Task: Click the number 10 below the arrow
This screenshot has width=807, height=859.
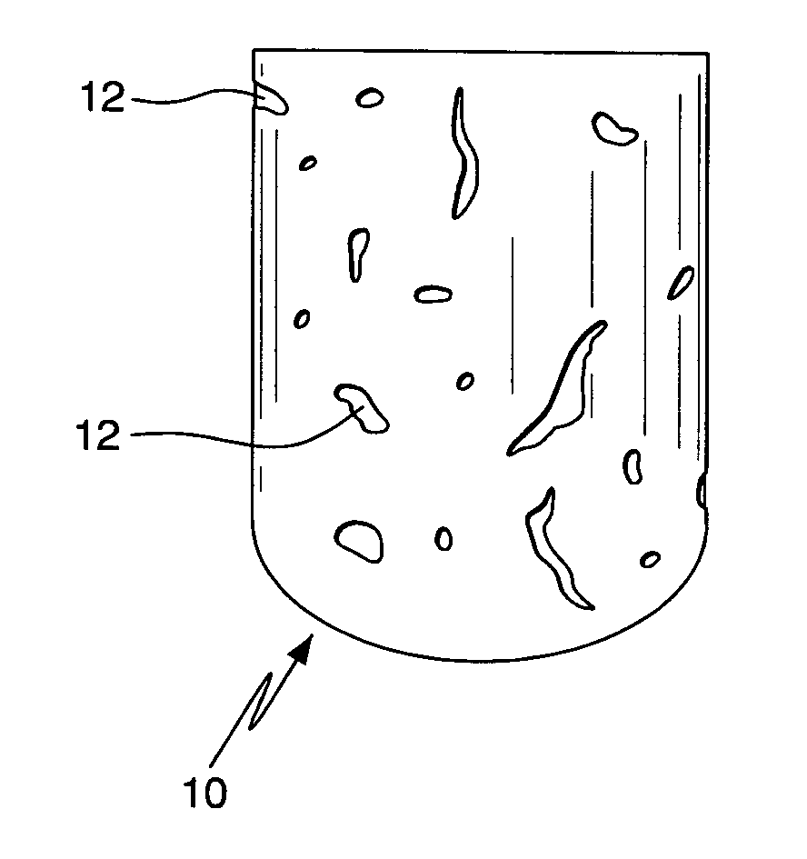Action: (x=204, y=792)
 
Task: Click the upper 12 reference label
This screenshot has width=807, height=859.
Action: (x=103, y=97)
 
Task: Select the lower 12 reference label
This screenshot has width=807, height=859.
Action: (x=97, y=435)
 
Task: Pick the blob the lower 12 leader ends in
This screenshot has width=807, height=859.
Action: (x=363, y=408)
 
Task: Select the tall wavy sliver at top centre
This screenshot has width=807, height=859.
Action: (x=464, y=154)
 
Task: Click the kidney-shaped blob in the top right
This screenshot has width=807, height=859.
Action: (x=613, y=129)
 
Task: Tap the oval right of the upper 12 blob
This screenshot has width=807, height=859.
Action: (x=370, y=98)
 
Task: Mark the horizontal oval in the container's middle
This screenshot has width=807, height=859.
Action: (x=433, y=295)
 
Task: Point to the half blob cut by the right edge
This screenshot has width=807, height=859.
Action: (x=702, y=490)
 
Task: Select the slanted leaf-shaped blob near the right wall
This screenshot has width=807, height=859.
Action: (x=681, y=283)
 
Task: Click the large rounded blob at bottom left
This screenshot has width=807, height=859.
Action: (x=360, y=541)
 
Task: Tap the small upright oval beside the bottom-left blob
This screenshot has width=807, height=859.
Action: (x=443, y=538)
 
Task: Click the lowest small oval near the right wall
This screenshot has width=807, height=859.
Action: (x=651, y=559)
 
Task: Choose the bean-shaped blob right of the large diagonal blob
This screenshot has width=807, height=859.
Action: (x=633, y=466)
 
